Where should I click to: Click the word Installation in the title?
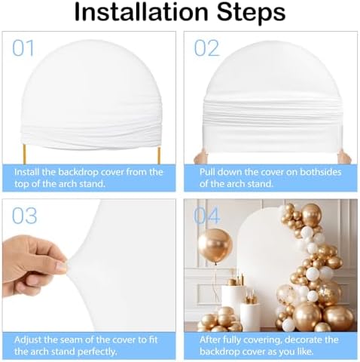(142, 12)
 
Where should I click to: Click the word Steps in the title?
(252, 14)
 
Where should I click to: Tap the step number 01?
(23, 48)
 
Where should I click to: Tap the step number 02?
(206, 48)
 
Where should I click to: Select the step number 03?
(24, 216)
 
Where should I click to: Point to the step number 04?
(207, 216)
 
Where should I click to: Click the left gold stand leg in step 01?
(24, 155)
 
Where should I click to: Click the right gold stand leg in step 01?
(159, 155)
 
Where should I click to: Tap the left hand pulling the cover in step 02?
(200, 157)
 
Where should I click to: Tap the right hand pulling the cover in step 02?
(344, 157)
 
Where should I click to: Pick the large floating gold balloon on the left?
(215, 245)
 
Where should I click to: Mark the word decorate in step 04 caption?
(305, 340)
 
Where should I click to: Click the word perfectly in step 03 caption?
(97, 352)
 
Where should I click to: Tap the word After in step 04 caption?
(210, 340)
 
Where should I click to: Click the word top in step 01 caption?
(21, 184)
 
